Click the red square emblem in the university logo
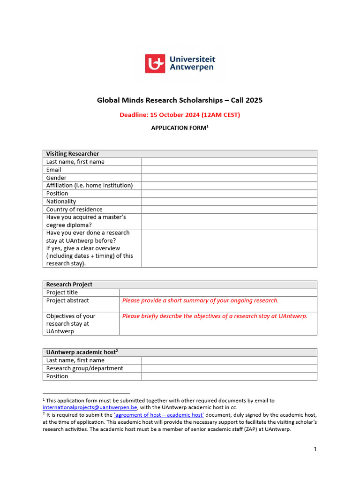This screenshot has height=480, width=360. [155, 63]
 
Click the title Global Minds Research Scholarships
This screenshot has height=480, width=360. [180, 100]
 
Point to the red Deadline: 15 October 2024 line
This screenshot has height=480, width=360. [180, 115]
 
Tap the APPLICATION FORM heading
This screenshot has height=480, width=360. [180, 128]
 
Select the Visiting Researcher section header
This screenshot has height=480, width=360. [73, 154]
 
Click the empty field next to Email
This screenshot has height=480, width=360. [229, 170]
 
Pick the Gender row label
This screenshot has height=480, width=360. [56, 178]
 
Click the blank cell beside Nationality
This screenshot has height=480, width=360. [229, 202]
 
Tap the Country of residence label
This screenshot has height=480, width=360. [74, 210]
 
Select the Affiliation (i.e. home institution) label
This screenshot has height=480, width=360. [90, 186]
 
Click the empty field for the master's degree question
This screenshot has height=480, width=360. [229, 221]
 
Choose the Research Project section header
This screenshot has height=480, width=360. [69, 285]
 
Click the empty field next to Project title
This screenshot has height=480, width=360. [218, 292]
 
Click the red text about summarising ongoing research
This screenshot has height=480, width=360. [201, 300]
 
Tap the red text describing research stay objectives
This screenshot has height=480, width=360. [215, 316]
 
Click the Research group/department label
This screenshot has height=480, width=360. [85, 368]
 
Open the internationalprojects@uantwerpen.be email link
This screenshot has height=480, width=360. [90, 408]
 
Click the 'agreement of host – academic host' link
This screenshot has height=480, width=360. [159, 415]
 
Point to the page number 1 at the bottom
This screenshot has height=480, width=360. [315, 450]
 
